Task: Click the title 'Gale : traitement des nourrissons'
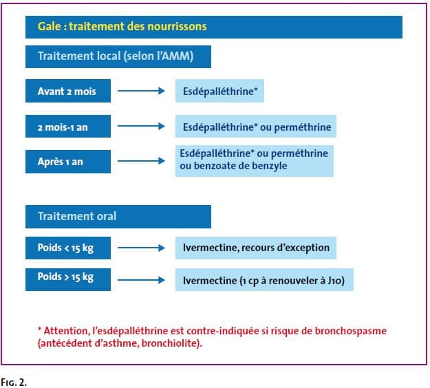[122, 27]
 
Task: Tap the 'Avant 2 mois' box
[68, 91]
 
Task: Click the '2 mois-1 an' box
[68, 127]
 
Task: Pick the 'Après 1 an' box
[68, 162]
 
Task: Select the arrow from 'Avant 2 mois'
[141, 91]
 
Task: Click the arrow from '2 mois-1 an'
[141, 126]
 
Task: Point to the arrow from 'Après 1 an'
[141, 161]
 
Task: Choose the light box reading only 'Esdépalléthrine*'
[219, 91]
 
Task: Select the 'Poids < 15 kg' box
[68, 248]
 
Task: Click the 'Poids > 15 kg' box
[68, 279]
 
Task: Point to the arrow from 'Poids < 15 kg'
[141, 248]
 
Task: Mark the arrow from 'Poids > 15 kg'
[141, 280]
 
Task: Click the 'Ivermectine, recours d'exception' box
[256, 248]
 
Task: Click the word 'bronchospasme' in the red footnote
[350, 331]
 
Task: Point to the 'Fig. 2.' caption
[14, 382]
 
